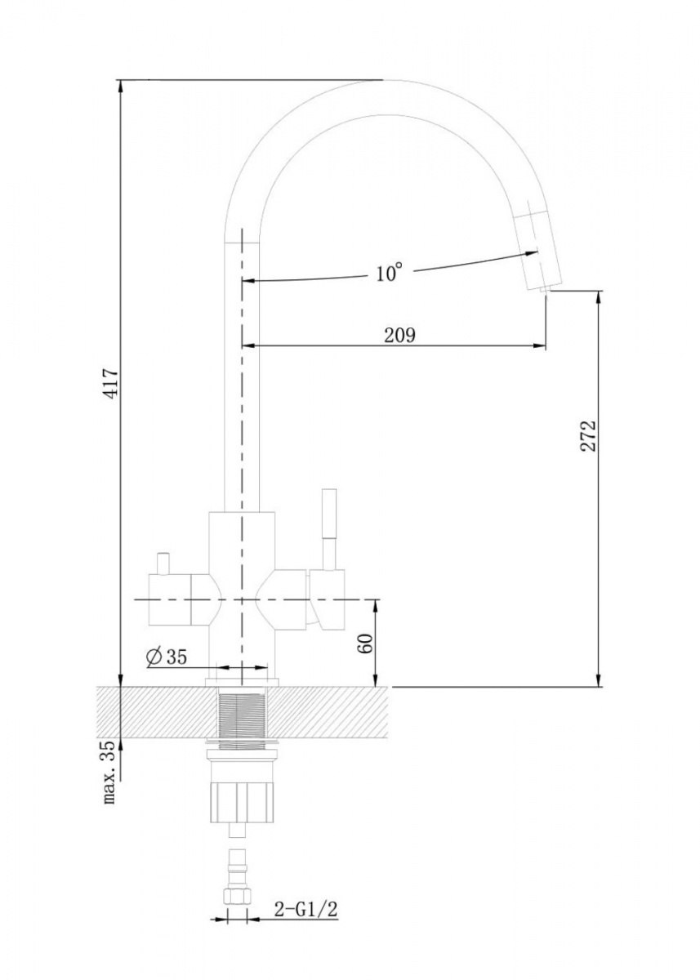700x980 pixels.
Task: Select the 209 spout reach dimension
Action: pyautogui.click(x=399, y=336)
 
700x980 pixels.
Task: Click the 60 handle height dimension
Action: pyautogui.click(x=366, y=643)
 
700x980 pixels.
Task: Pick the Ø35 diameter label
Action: pyautogui.click(x=167, y=657)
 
